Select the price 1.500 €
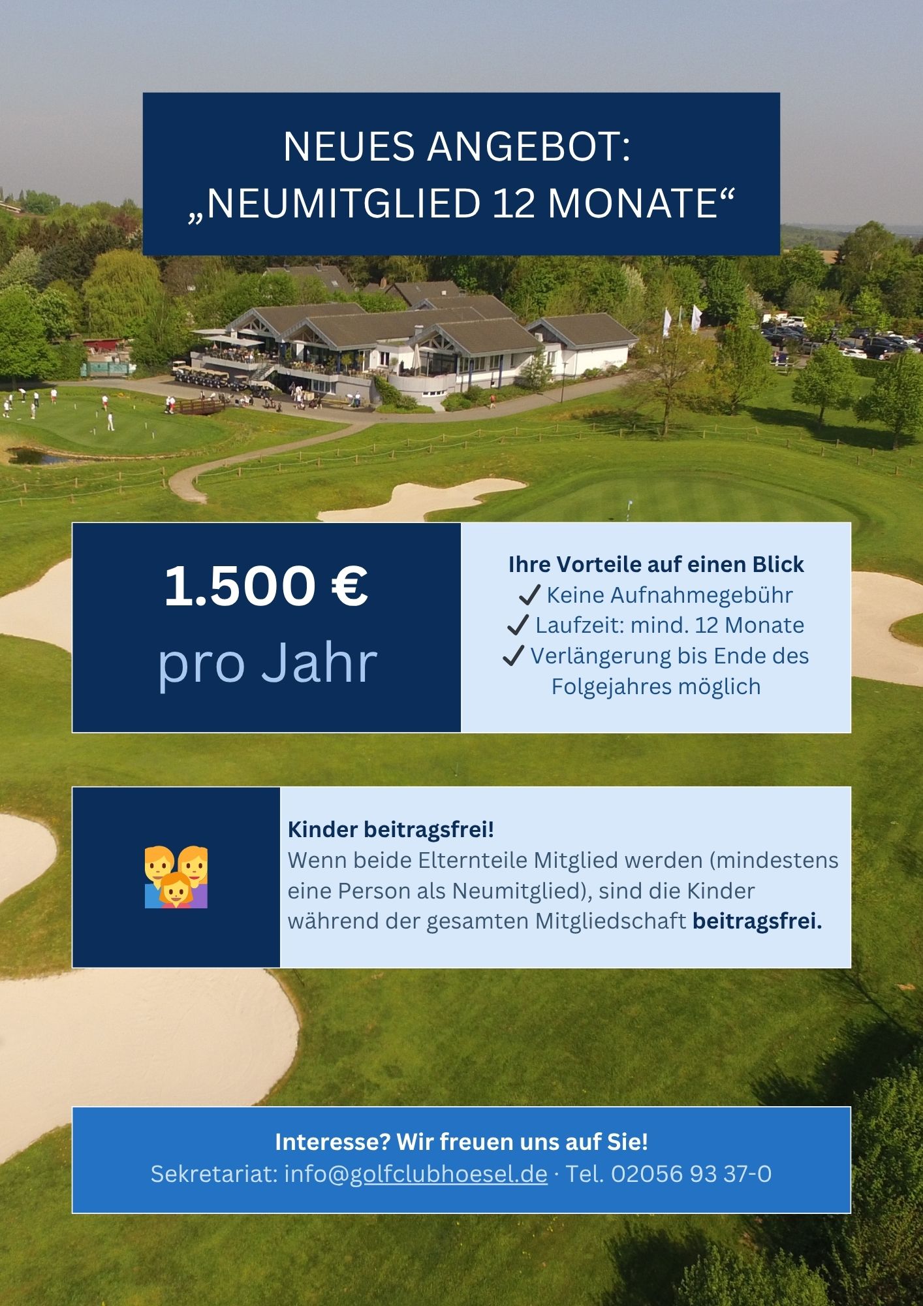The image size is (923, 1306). click(x=266, y=586)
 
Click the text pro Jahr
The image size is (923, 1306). click(x=268, y=663)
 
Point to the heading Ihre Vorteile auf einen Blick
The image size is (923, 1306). click(x=656, y=564)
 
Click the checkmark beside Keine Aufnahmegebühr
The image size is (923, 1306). click(x=529, y=595)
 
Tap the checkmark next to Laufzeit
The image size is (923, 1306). click(x=517, y=625)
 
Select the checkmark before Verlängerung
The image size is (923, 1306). click(x=514, y=656)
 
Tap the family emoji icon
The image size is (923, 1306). click(x=176, y=877)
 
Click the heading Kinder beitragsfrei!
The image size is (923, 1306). click(x=391, y=829)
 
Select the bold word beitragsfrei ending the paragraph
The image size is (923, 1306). click(x=757, y=921)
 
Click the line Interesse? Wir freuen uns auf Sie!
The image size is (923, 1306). click(x=461, y=1141)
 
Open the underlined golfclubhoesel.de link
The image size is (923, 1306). click(x=448, y=1173)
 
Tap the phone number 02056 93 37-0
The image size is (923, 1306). click(x=691, y=1173)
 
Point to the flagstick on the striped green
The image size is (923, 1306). click(x=629, y=509)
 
